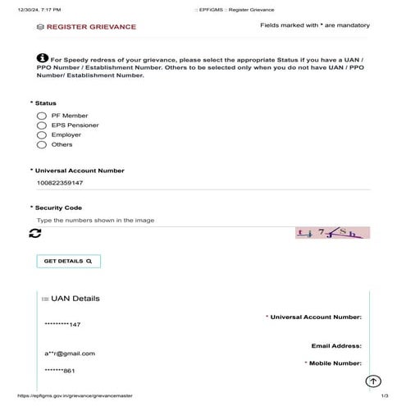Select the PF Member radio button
pyautogui.click(x=41, y=116)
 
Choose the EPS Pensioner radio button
pyautogui.click(x=41, y=125)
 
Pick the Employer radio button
pyautogui.click(x=41, y=135)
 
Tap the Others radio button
pyautogui.click(x=41, y=144)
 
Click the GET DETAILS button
pyautogui.click(x=68, y=261)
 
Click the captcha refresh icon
pyautogui.click(x=34, y=234)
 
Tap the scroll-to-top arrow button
pyautogui.click(x=373, y=381)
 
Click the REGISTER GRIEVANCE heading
pyautogui.click(x=90, y=27)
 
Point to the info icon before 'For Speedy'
pyautogui.click(x=43, y=58)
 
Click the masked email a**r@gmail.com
pyautogui.click(x=71, y=354)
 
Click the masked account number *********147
pyautogui.click(x=62, y=325)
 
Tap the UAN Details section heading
pyautogui.click(x=74, y=299)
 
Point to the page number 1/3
pyautogui.click(x=383, y=395)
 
